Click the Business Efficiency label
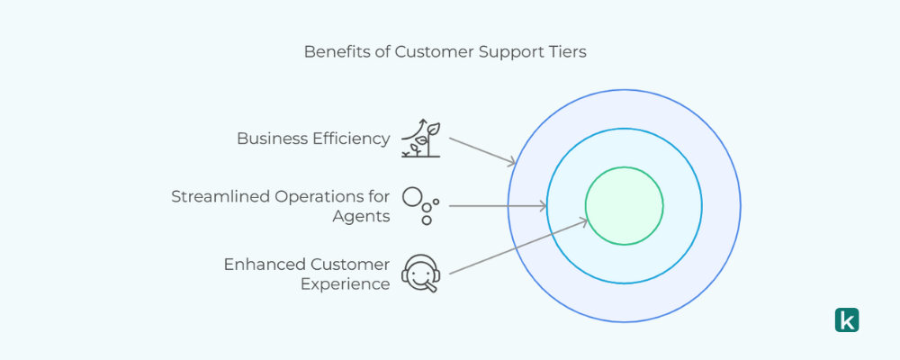point(313,139)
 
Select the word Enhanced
point(264,264)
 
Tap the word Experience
point(345,283)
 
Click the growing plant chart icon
point(421,138)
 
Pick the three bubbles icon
point(420,205)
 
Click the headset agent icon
point(420,273)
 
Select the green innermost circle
point(625,206)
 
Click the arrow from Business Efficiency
point(481,150)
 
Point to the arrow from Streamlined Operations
point(497,206)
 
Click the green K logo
point(847,319)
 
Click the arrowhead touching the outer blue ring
point(512,162)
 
